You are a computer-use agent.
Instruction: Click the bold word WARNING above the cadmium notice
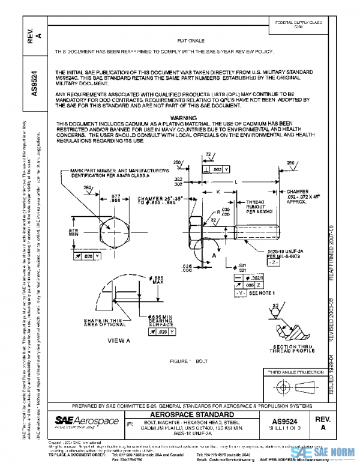(x=184, y=118)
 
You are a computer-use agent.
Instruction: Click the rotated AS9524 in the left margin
(x=36, y=84)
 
